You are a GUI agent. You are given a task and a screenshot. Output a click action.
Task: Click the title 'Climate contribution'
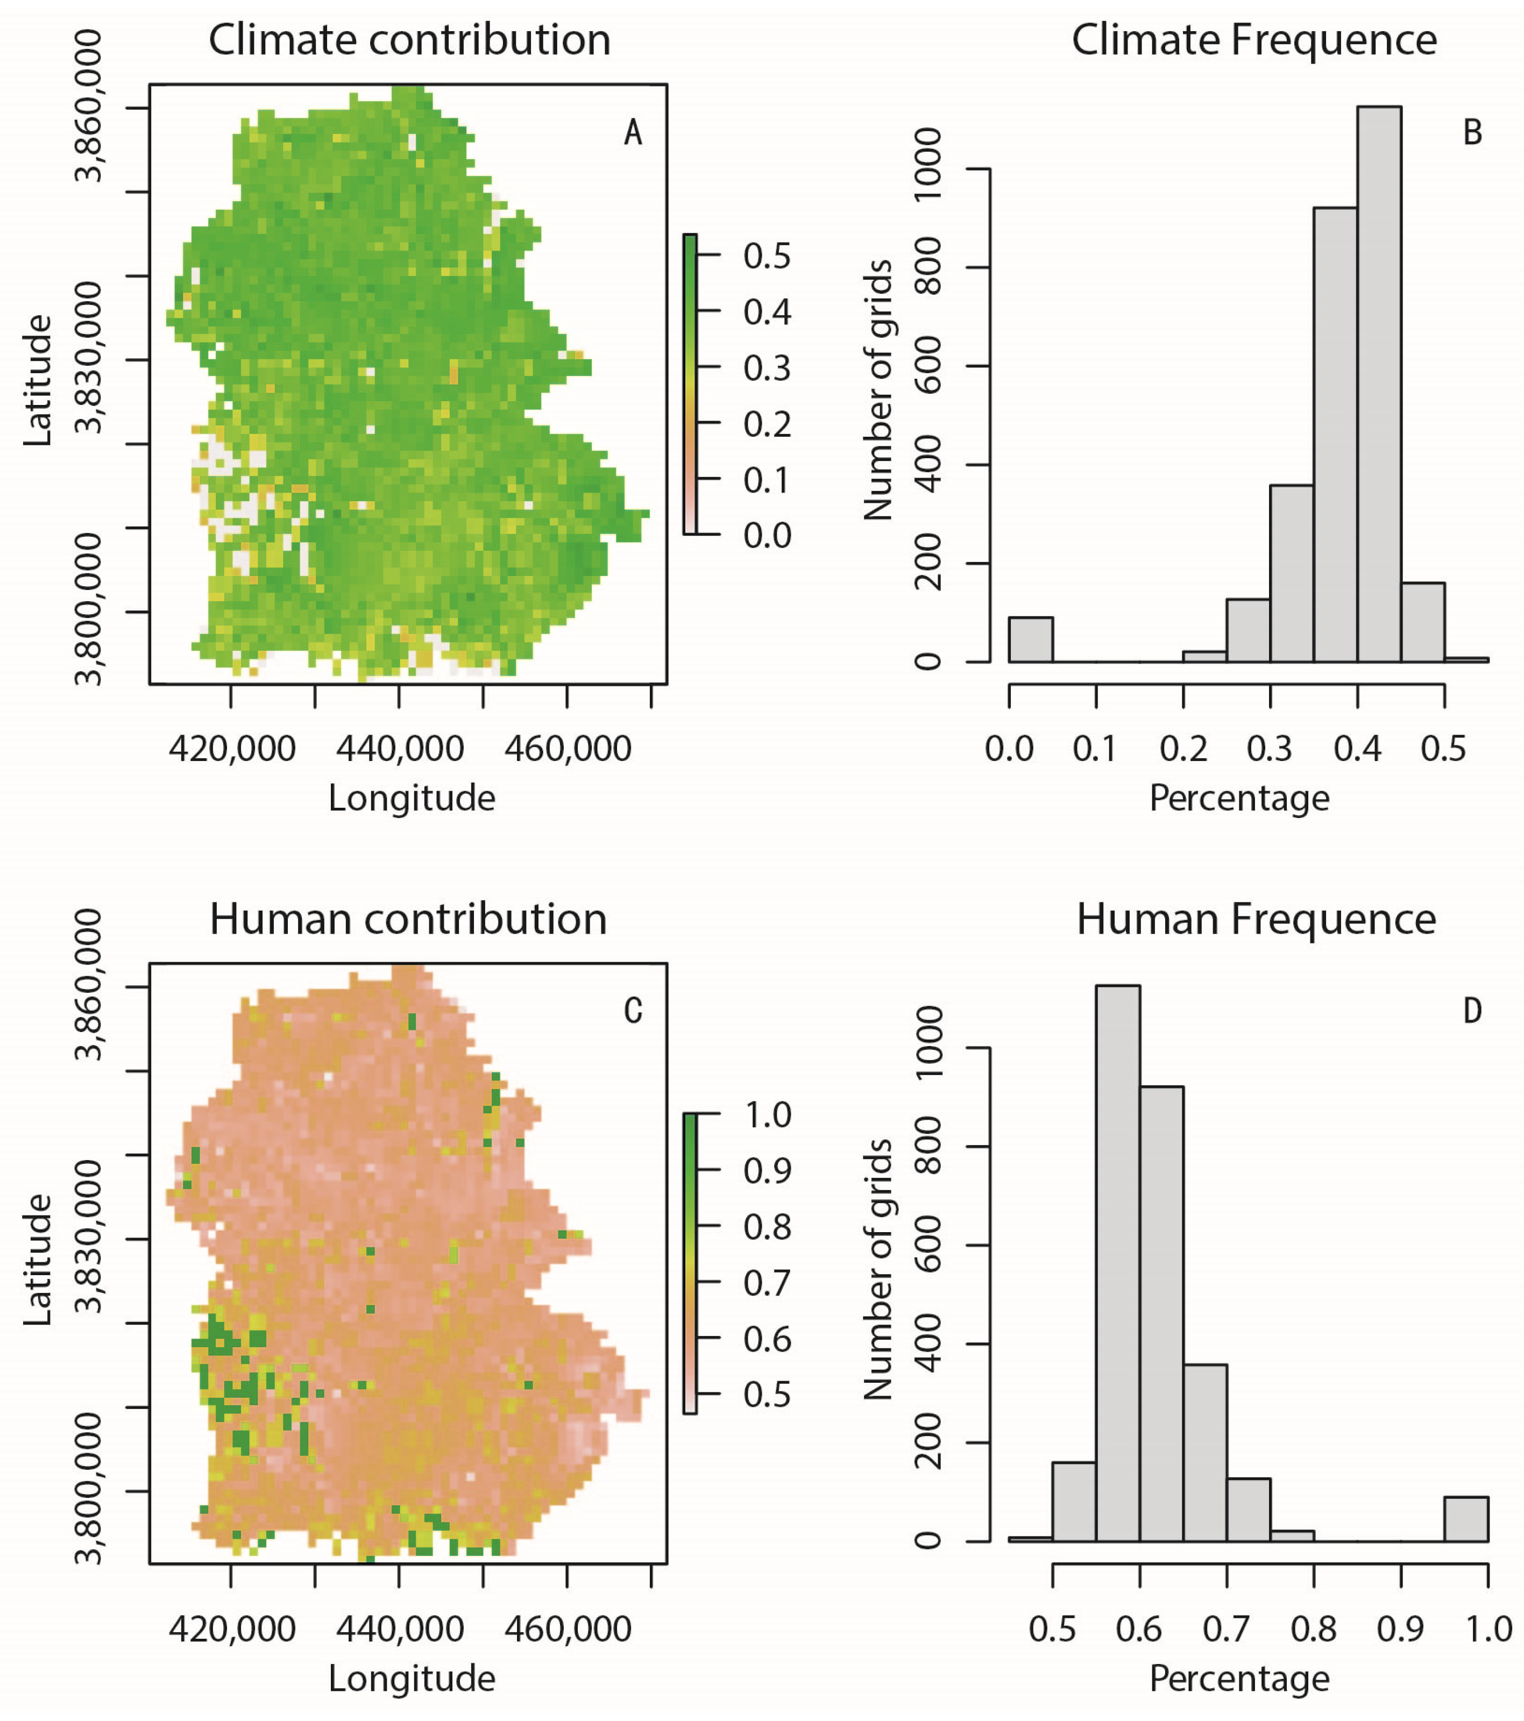(x=409, y=40)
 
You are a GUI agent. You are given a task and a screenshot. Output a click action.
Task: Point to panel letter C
(x=633, y=1011)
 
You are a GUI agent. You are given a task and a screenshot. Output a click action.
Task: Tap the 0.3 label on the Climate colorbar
(x=766, y=369)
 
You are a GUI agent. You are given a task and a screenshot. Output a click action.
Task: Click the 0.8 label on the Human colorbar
(x=766, y=1228)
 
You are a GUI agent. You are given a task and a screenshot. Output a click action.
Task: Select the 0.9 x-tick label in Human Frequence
(x=1400, y=1630)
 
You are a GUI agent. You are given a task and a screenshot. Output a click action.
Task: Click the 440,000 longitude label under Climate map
(x=399, y=749)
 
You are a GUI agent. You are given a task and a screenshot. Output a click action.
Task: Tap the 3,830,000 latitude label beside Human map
(x=88, y=1237)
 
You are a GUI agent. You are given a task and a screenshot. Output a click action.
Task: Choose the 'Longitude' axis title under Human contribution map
(x=411, y=1678)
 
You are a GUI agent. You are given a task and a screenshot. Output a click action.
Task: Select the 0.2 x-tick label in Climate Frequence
(x=1183, y=749)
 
